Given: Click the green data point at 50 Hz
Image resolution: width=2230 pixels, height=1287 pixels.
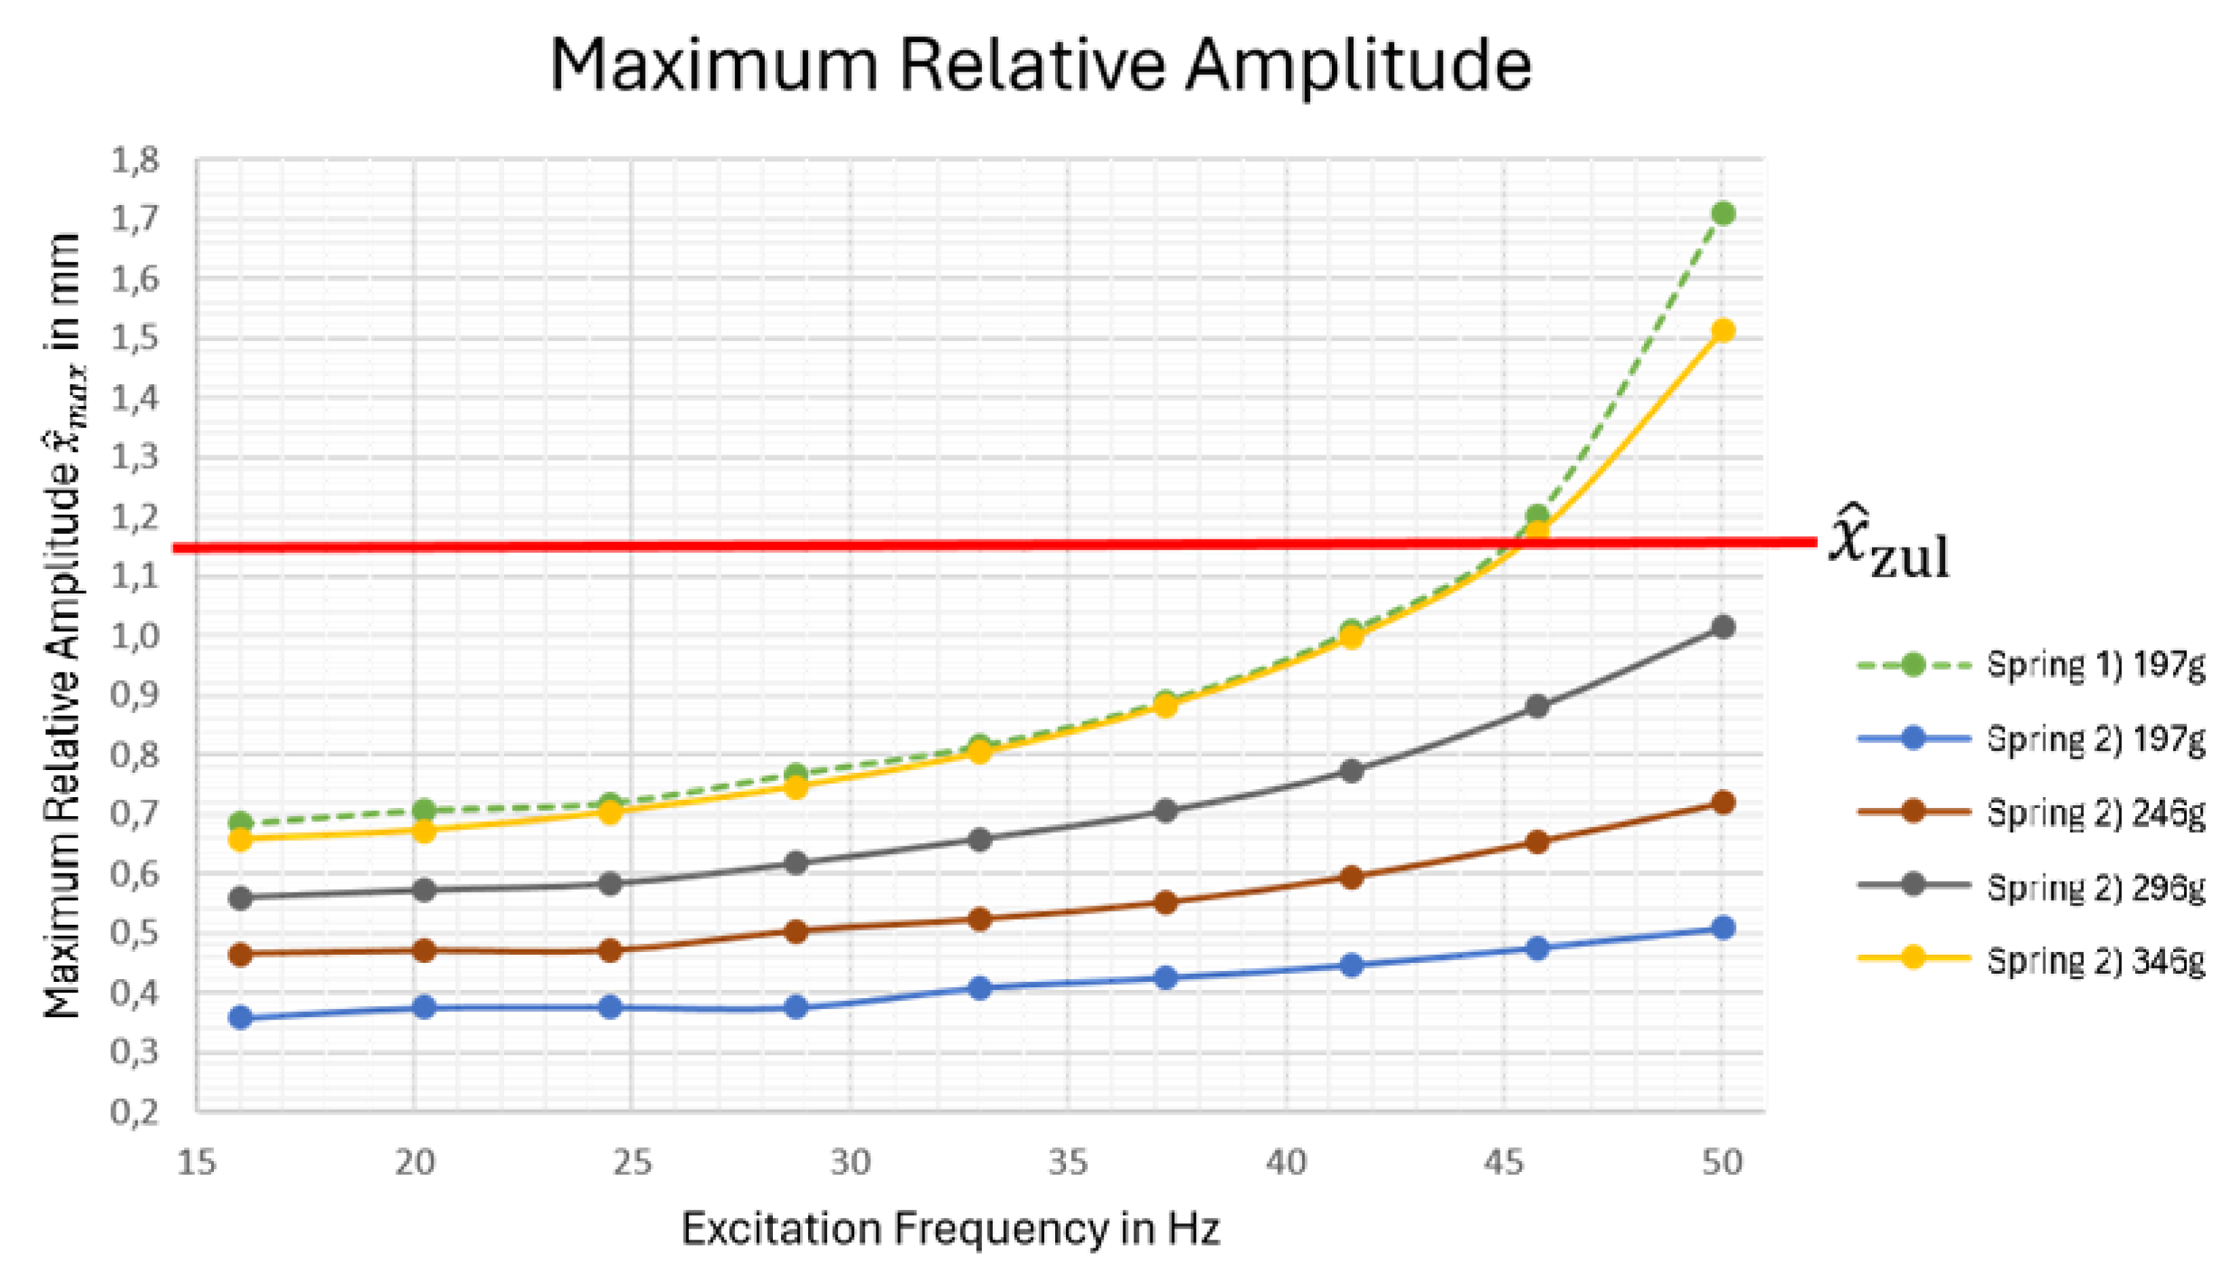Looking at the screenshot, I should coord(1722,213).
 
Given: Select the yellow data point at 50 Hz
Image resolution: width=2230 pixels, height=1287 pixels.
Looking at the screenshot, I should coord(1722,331).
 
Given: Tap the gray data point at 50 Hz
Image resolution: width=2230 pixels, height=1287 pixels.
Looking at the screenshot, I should coord(1722,627).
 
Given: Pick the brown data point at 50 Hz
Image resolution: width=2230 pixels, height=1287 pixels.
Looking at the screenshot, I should coord(1722,803).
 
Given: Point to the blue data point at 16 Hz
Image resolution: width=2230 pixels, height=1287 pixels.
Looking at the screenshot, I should coord(240,1018).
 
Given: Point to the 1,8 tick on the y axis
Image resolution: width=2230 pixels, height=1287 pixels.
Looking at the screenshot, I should coord(135,162).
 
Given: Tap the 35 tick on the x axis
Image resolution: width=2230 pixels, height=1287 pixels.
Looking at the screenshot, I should coord(1068,1162).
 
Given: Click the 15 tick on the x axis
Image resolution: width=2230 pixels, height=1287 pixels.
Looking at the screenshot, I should coord(196,1162).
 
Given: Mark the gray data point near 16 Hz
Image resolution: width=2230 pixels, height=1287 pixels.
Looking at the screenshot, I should coord(240,898).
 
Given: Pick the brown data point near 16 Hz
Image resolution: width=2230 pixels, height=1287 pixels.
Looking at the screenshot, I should coord(240,955).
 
